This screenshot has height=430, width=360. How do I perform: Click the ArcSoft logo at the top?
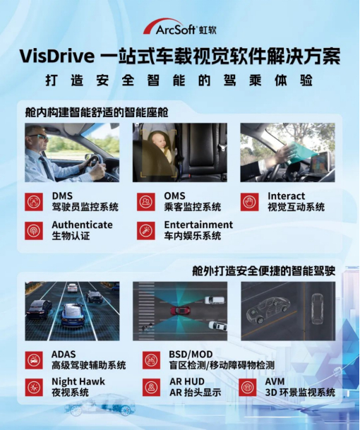tap(179, 27)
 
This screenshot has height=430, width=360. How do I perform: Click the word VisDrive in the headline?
tap(57, 56)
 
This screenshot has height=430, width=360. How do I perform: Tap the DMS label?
tap(62, 196)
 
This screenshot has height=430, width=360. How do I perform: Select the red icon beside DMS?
tap(34, 202)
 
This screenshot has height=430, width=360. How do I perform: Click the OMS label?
tap(174, 196)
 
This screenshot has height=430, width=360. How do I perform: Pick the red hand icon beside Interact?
tap(249, 202)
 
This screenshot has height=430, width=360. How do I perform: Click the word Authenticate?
tap(83, 225)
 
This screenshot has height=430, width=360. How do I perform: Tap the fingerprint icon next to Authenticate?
tap(34, 231)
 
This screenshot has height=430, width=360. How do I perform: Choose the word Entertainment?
tap(198, 225)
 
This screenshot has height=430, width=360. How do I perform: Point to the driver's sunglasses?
tap(40, 136)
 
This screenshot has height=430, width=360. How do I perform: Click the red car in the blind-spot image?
tap(180, 311)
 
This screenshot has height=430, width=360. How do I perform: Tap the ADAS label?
tap(64, 354)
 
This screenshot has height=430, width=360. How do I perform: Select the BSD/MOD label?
tap(191, 354)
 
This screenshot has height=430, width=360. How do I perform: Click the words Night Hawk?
tap(78, 381)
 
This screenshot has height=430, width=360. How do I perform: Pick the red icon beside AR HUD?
tap(151, 387)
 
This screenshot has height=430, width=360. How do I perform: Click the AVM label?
tap(275, 381)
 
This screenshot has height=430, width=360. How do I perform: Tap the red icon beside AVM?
tap(248, 387)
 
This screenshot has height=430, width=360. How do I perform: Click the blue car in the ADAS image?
tap(73, 316)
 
